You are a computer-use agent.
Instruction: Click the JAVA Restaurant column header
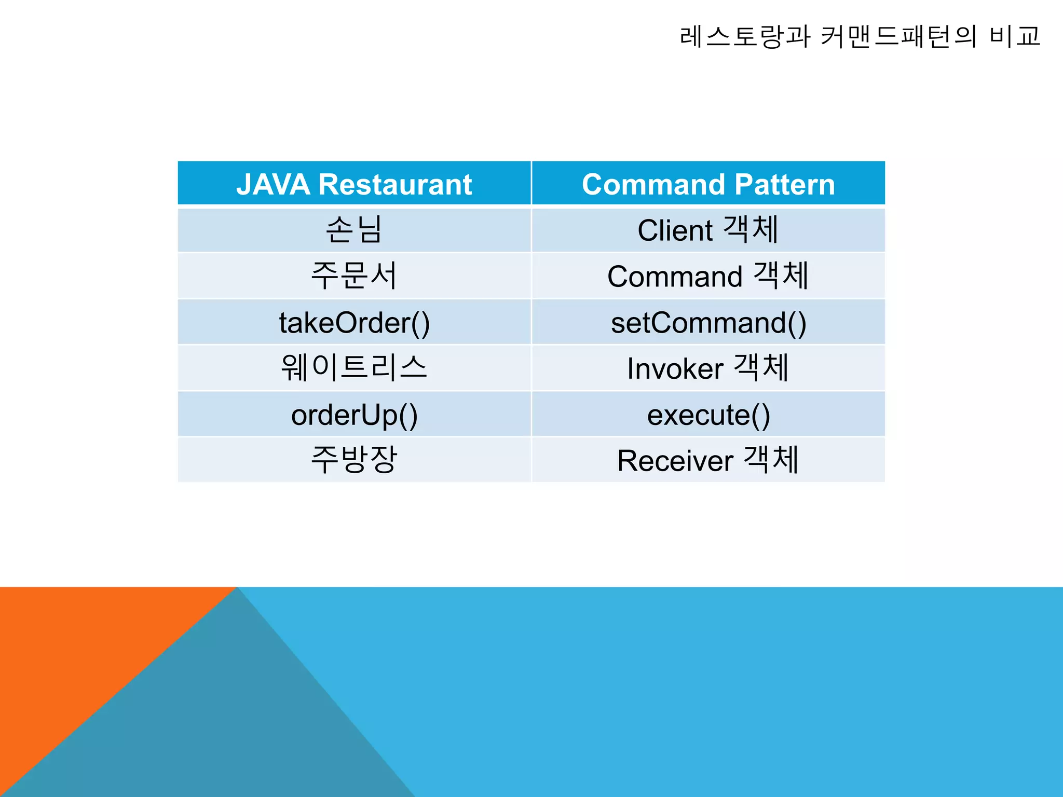pyautogui.click(x=354, y=184)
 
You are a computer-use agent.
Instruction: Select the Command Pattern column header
pyautogui.click(x=708, y=184)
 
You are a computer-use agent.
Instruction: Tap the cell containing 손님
pyautogui.click(x=354, y=230)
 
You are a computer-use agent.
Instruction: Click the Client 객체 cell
pyautogui.click(x=708, y=230)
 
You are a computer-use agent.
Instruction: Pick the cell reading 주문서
pyautogui.click(x=354, y=276)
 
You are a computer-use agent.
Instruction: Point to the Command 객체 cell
pyautogui.click(x=708, y=276)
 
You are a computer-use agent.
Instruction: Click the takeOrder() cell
pyautogui.click(x=354, y=322)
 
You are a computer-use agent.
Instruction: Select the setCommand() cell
pyautogui.click(x=708, y=322)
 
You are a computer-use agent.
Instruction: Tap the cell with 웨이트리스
pyautogui.click(x=354, y=368)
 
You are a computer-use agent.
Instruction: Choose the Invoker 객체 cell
pyautogui.click(x=708, y=368)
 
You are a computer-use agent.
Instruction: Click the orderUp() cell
pyautogui.click(x=354, y=415)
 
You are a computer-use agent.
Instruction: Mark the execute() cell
pyautogui.click(x=708, y=415)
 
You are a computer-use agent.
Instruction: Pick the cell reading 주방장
pyautogui.click(x=354, y=460)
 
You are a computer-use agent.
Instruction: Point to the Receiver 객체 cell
pyautogui.click(x=708, y=460)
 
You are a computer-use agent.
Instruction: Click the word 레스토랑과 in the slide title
pyautogui.click(x=745, y=36)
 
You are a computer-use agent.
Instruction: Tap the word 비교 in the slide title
pyautogui.click(x=1015, y=36)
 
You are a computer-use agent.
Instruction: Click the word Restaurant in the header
pyautogui.click(x=395, y=185)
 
